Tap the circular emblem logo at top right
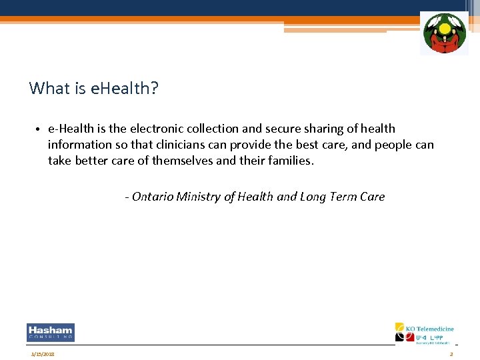[x=444, y=33]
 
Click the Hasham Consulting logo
[x=51, y=332]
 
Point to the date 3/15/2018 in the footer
[x=43, y=354]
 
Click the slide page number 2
[x=451, y=354]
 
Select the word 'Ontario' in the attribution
[x=153, y=197]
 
